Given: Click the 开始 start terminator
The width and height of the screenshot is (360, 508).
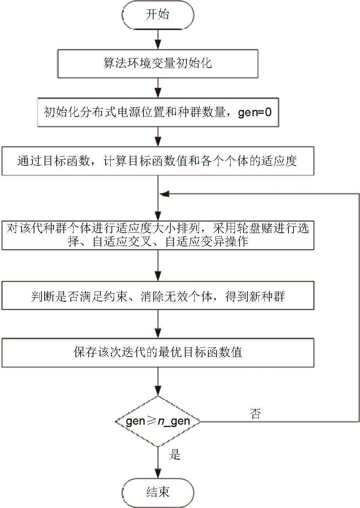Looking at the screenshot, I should pos(158,15).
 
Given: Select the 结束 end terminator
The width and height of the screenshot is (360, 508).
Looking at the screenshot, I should pos(158,492).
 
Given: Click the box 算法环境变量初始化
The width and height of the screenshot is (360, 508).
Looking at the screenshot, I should pos(158,63).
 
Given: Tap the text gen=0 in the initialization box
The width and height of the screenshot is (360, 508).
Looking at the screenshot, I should pos(254,113).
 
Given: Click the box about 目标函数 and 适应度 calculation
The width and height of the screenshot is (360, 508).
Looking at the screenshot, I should pos(158,161).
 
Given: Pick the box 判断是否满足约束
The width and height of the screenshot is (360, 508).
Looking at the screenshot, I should pos(158,296).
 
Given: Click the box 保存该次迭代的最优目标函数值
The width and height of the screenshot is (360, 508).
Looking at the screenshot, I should pos(158,352).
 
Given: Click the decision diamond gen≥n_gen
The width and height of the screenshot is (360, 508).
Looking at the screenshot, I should pos(158,421).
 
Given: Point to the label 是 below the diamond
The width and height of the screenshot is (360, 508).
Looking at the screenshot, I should pos(174,454).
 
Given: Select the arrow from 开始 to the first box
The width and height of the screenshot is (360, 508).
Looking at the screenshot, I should pos(158,39).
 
